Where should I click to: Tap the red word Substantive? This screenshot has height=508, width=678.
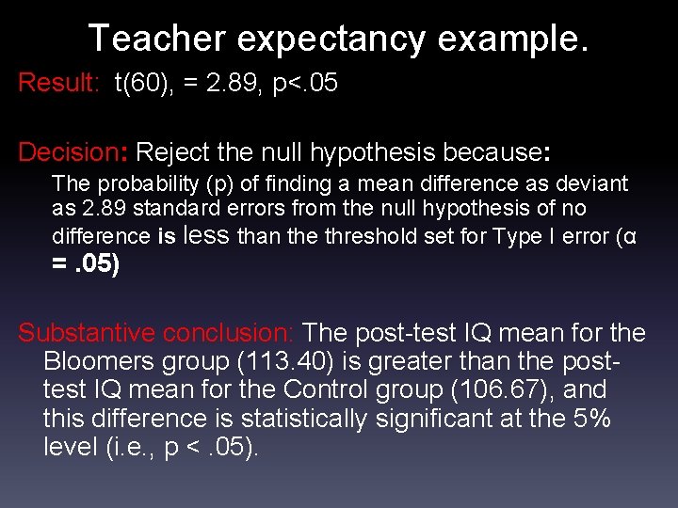[87, 333]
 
